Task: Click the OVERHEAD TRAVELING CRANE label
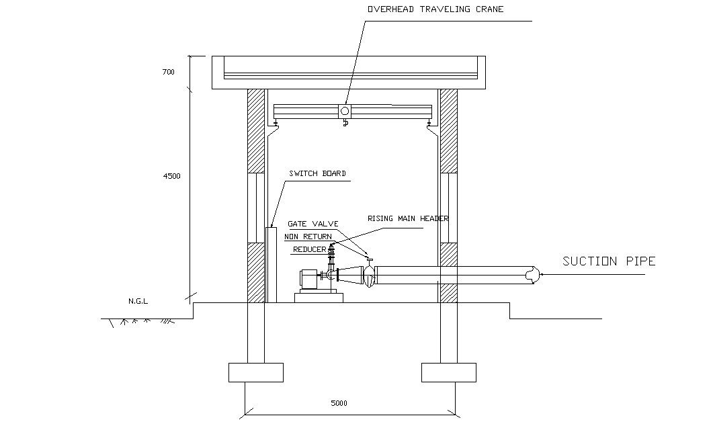(x=435, y=9)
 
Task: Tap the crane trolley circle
(x=345, y=111)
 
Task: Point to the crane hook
(x=345, y=122)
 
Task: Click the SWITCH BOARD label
(x=317, y=173)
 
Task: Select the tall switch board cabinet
(x=271, y=265)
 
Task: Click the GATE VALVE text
(x=313, y=224)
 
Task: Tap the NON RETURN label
(x=308, y=237)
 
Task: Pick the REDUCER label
(x=309, y=249)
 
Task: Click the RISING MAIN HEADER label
(x=408, y=218)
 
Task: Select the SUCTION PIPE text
(x=609, y=261)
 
